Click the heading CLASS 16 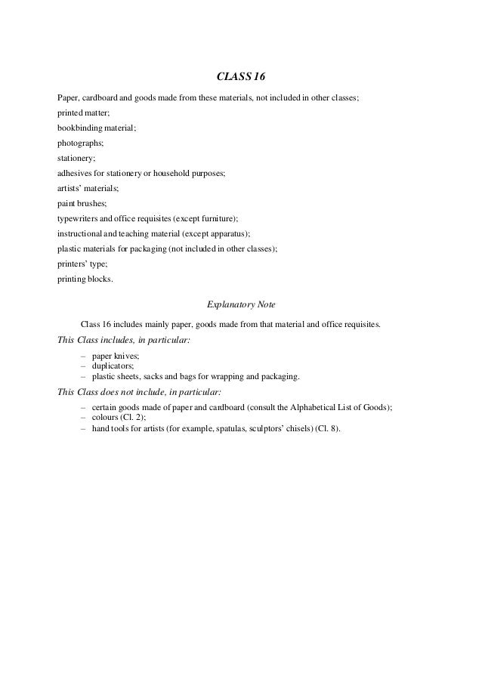241,76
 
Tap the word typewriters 79,219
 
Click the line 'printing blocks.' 85,279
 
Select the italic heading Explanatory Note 241,305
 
